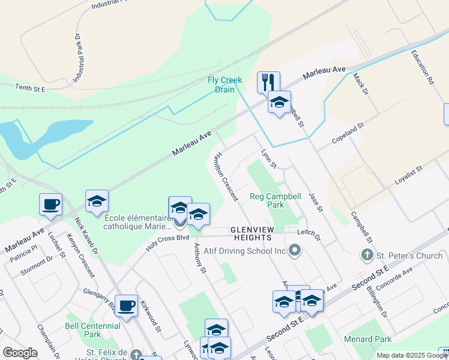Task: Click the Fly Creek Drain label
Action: [x=225, y=85]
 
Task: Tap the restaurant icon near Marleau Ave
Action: [x=268, y=82]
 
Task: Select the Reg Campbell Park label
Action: [x=276, y=200]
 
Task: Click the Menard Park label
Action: [x=367, y=339]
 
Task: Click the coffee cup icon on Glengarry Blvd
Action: [x=127, y=305]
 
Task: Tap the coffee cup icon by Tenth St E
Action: [x=50, y=203]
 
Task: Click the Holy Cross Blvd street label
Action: [x=169, y=242]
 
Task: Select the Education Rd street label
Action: [x=421, y=66]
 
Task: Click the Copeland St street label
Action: [x=349, y=137]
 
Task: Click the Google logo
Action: [x=20, y=353]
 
